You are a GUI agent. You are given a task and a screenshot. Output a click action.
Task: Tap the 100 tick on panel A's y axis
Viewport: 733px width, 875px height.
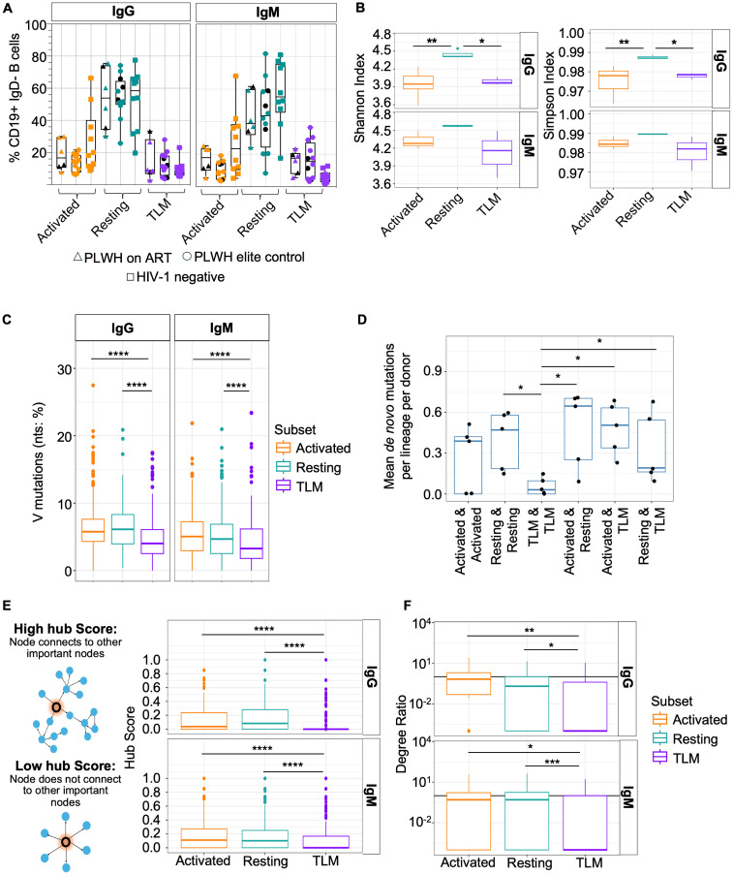click(36, 25)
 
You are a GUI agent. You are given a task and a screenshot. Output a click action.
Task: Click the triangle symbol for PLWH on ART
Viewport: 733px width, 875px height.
click(78, 257)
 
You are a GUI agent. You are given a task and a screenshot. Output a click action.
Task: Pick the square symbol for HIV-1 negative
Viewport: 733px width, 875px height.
click(130, 277)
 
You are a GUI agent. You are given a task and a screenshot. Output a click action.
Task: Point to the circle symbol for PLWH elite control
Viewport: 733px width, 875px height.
click(188, 257)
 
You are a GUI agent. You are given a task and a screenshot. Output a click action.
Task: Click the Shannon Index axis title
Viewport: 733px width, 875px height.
click(360, 98)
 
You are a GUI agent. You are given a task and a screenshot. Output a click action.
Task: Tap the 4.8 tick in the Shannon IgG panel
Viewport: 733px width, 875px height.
click(382, 35)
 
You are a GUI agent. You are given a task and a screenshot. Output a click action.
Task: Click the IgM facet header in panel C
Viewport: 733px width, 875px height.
click(222, 328)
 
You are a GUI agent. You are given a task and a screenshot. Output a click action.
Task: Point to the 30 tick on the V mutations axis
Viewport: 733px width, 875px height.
click(65, 369)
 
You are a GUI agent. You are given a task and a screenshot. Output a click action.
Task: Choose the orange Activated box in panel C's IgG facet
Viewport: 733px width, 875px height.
click(93, 530)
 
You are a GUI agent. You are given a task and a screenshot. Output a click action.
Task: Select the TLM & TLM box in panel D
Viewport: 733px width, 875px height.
click(542, 487)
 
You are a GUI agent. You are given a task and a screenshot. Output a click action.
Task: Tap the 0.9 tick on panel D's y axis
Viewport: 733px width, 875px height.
click(432, 372)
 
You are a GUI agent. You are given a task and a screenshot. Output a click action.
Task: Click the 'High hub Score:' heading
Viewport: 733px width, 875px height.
click(65, 629)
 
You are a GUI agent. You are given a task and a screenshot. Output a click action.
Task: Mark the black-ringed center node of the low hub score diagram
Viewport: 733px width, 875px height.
click(65, 841)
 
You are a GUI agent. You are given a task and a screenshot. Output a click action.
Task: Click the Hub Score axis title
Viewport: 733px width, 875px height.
click(130, 737)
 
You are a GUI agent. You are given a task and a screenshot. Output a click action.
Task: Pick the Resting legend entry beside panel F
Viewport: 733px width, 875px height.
click(685, 738)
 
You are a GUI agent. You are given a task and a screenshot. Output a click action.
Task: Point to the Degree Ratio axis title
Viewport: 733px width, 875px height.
click(401, 737)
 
